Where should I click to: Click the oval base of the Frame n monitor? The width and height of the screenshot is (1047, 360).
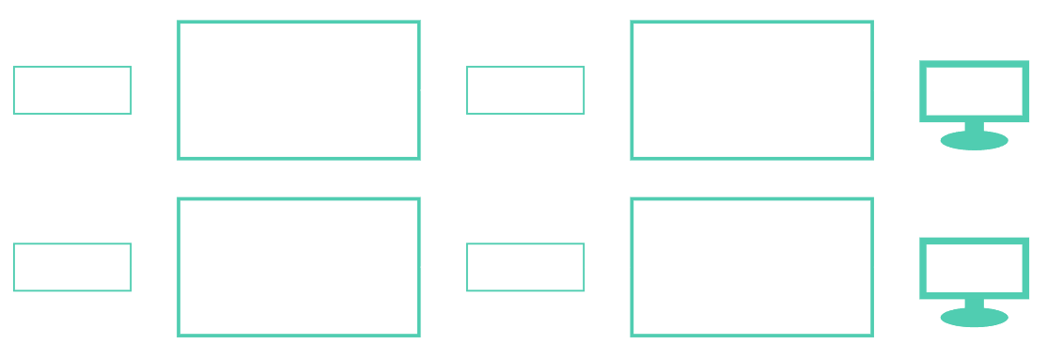pyautogui.click(x=974, y=141)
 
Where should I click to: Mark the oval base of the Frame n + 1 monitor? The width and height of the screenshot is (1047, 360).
pyautogui.click(x=974, y=318)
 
